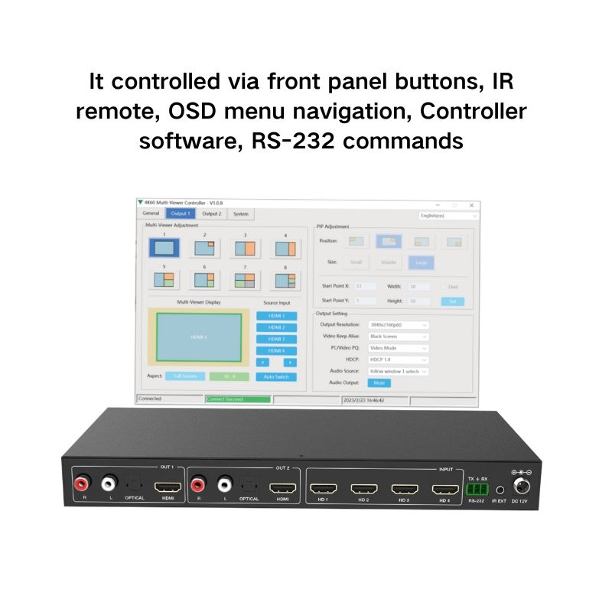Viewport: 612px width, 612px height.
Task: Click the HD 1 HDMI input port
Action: pyautogui.click(x=324, y=487)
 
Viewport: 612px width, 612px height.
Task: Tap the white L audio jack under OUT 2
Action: pyautogui.click(x=225, y=483)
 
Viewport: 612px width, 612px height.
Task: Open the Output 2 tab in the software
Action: pyautogui.click(x=212, y=214)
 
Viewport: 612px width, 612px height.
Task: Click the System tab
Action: pyautogui.click(x=240, y=214)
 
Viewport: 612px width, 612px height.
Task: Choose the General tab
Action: pyautogui.click(x=151, y=214)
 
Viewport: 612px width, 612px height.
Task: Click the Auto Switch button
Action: pyautogui.click(x=276, y=376)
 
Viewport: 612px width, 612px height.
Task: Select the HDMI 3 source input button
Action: pyautogui.click(x=276, y=338)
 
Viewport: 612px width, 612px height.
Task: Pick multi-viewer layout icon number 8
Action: pyautogui.click(x=285, y=281)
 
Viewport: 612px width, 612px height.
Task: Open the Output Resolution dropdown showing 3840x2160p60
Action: pyautogui.click(x=399, y=324)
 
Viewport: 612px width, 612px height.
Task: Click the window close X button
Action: pyautogui.click(x=471, y=205)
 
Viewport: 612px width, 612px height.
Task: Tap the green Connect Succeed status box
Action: pyautogui.click(x=238, y=399)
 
